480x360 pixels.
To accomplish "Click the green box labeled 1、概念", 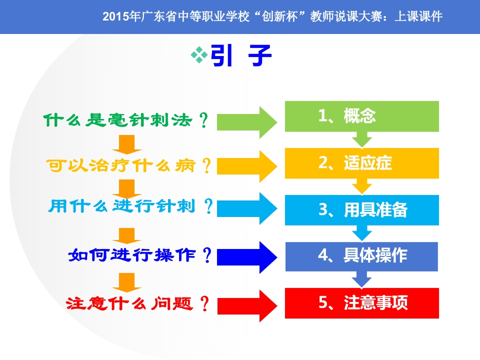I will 362,116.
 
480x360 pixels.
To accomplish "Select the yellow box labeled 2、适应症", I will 362,163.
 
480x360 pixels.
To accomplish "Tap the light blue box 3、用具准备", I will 362,210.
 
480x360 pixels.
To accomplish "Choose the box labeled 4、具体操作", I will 362,256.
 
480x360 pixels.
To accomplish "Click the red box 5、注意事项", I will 362,303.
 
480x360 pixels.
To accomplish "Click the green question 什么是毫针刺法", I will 118,120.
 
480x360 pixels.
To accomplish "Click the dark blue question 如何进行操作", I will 132,255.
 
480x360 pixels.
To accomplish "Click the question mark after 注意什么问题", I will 204,303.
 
